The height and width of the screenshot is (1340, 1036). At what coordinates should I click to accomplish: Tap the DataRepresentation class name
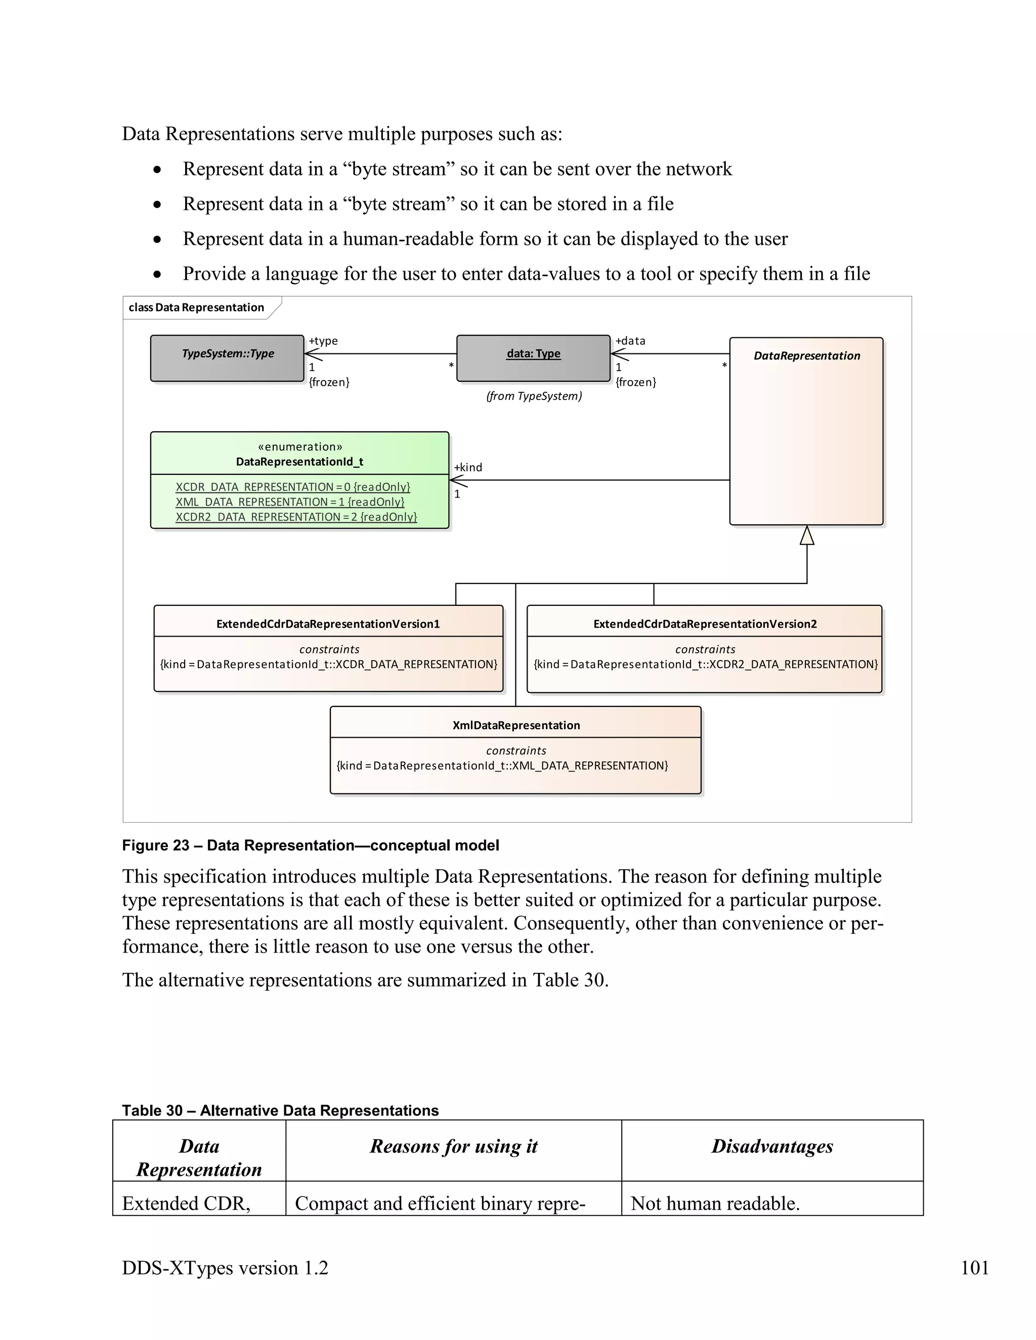click(x=806, y=356)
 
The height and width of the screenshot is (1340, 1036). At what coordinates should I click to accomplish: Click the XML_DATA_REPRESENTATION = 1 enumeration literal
click(x=290, y=502)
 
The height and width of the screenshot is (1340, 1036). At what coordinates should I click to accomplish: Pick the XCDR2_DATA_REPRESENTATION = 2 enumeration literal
click(x=296, y=517)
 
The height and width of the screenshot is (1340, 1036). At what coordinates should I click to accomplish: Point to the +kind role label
click(x=468, y=468)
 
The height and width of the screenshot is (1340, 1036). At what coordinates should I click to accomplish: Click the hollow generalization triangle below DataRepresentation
click(x=806, y=536)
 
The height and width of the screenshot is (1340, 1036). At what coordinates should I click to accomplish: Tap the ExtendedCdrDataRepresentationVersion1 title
click(x=328, y=624)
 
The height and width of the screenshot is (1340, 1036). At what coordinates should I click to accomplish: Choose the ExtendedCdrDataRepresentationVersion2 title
click(x=705, y=624)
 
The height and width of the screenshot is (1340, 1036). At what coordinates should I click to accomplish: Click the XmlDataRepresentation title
click(x=515, y=725)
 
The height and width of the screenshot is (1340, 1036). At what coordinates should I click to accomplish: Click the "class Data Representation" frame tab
click(x=196, y=307)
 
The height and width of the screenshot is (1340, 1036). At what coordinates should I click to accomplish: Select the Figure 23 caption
click(x=310, y=845)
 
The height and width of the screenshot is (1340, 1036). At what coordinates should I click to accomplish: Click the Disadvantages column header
click(x=771, y=1146)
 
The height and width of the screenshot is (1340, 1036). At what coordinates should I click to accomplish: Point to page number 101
click(x=974, y=1268)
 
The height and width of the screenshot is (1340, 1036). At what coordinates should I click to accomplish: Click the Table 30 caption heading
click(x=280, y=1110)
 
